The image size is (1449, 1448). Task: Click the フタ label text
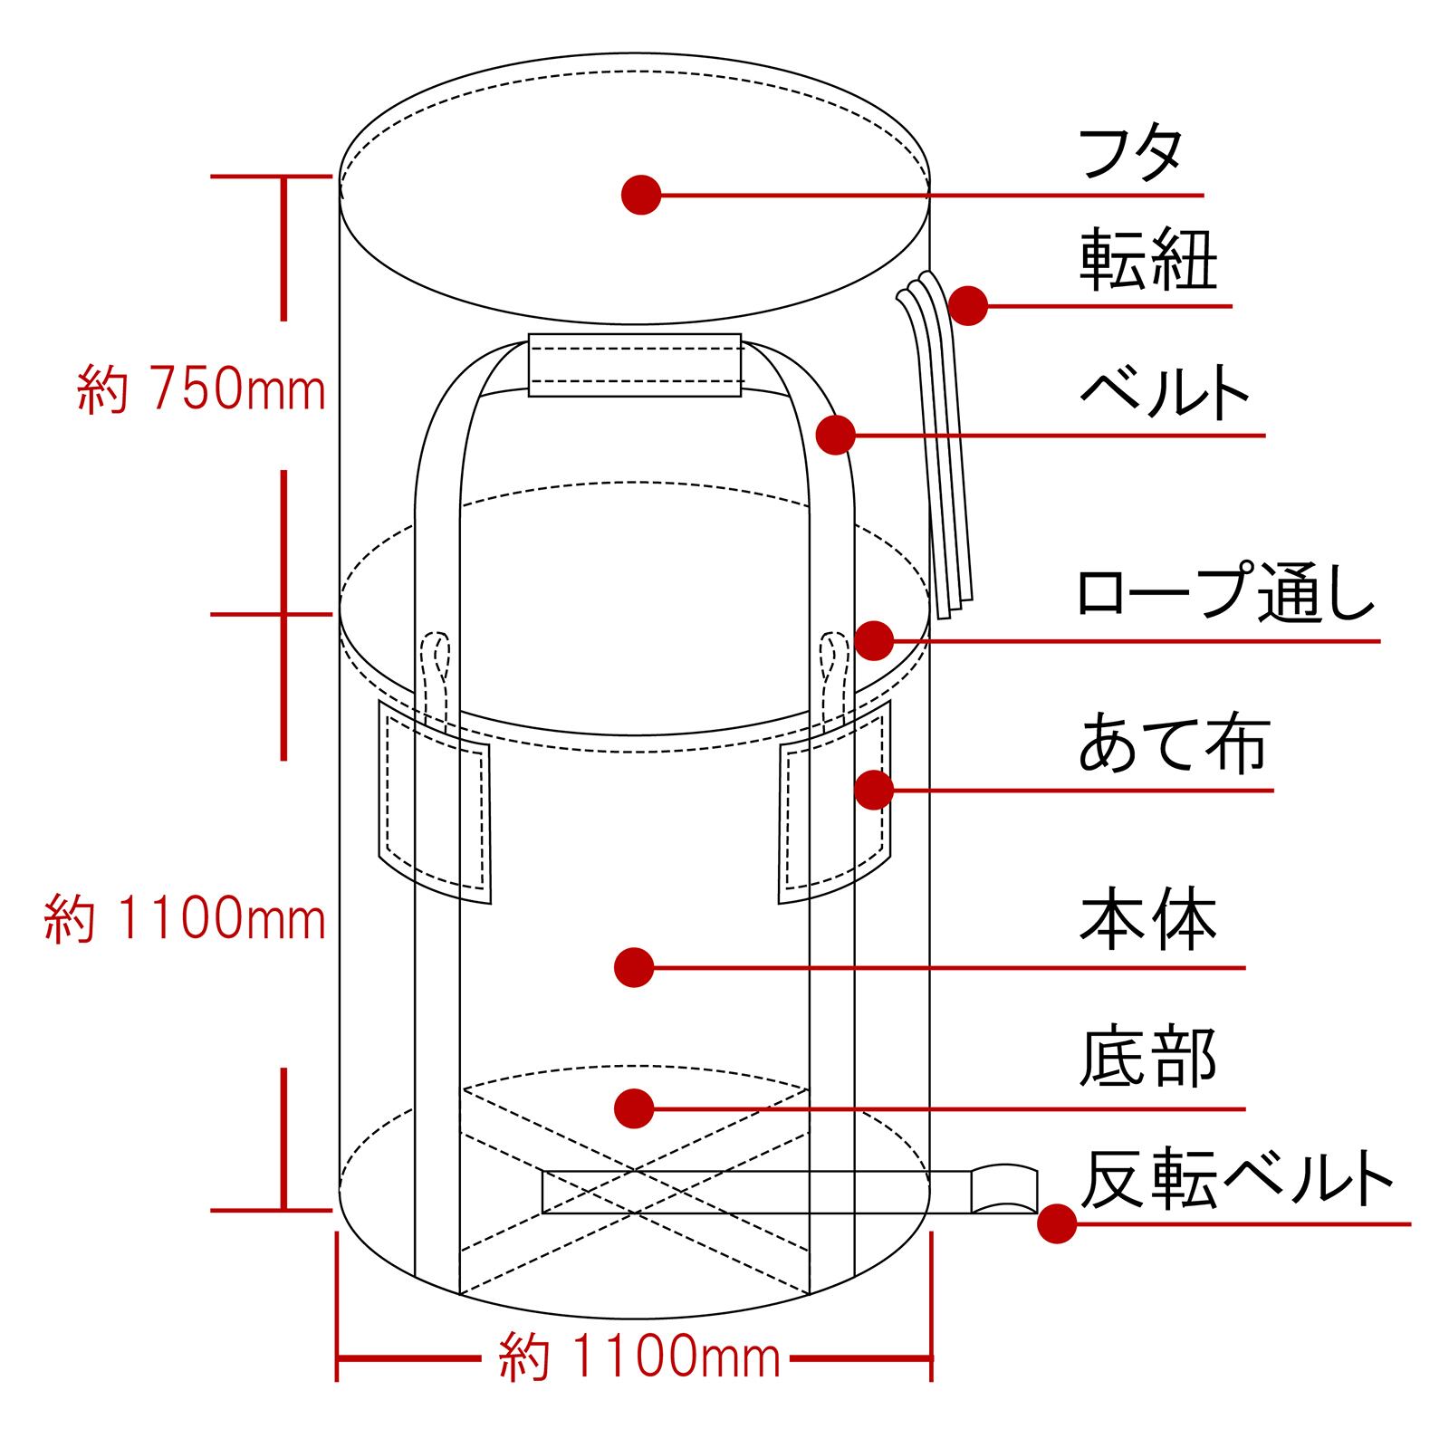coord(1131,155)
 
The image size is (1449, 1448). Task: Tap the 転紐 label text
coord(1148,261)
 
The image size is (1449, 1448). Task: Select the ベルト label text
coord(1165,392)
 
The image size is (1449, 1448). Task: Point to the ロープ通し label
coord(1225,593)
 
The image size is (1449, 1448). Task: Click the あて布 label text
coord(1174,744)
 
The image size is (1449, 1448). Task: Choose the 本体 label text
coord(1148,921)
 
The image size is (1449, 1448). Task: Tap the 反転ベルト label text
coord(1236,1178)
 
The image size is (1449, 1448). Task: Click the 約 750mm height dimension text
coord(202,390)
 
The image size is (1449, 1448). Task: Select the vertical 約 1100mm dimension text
coord(186,920)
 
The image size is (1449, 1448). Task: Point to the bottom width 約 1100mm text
coord(639,1357)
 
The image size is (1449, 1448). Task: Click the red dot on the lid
coord(641,195)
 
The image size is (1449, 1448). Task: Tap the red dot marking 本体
coord(634,968)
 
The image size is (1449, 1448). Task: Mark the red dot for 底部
coord(634,1108)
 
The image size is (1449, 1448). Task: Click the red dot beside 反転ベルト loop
coord(1057,1223)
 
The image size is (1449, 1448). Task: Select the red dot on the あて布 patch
coord(874,790)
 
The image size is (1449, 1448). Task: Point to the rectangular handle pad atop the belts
coord(635,365)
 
